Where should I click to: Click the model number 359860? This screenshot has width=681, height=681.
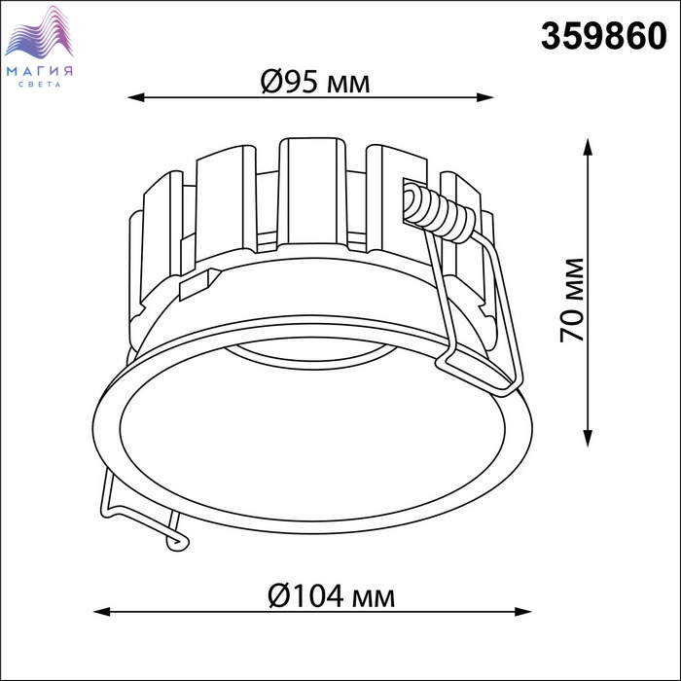(x=604, y=36)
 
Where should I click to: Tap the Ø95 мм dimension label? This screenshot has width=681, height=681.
(x=315, y=82)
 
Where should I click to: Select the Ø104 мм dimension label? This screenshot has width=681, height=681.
(x=332, y=595)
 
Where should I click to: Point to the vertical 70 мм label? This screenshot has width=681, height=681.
(x=572, y=301)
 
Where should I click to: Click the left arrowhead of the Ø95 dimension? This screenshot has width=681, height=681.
(x=136, y=97)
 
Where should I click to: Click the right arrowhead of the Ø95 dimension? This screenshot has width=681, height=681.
(x=485, y=97)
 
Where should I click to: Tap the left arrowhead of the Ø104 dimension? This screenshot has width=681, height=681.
(x=102, y=612)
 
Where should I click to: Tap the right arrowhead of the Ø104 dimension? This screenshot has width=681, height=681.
(x=523, y=612)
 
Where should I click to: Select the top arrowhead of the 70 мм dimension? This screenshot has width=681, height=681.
(x=588, y=147)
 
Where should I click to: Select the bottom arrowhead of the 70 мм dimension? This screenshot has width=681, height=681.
(x=588, y=438)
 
